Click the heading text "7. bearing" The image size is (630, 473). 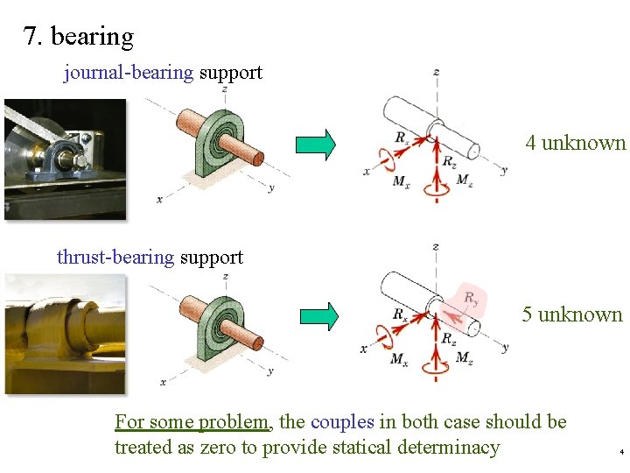[79, 37]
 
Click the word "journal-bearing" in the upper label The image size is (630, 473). [129, 73]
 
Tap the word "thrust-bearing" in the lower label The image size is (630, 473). [115, 258]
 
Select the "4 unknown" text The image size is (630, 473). [576, 143]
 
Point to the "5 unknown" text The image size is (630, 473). [572, 314]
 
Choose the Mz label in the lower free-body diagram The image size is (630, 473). [465, 360]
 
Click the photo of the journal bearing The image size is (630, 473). [65, 158]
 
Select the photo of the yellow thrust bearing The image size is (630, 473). [65, 334]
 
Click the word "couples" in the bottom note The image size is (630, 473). [341, 422]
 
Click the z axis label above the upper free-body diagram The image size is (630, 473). [436, 72]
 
